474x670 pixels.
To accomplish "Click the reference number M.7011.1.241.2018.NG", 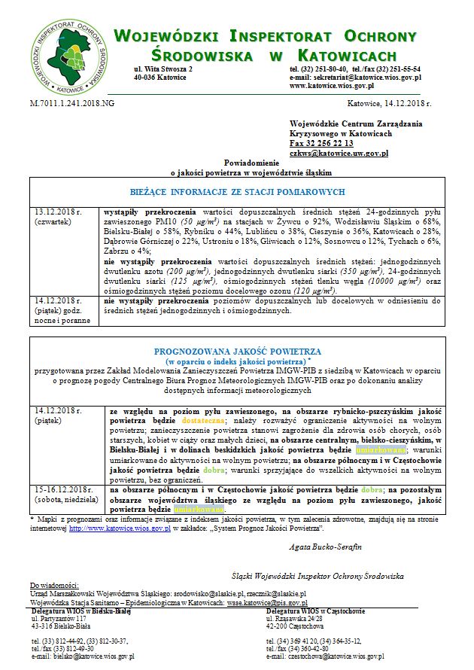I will pos(72,102).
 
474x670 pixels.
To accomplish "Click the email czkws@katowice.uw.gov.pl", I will pos(338,153).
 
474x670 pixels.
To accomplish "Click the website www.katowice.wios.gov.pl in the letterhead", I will pos(336,86).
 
